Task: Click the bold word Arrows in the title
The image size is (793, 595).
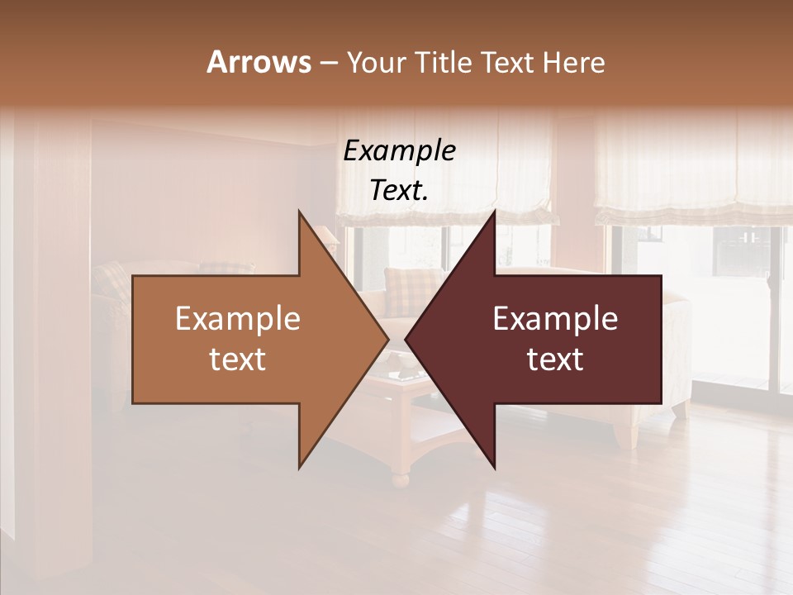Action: (259, 62)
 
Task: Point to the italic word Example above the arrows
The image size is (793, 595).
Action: (399, 150)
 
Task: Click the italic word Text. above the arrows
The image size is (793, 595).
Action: (399, 190)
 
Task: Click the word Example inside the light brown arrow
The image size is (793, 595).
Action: (237, 319)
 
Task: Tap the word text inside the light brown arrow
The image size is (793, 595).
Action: (237, 359)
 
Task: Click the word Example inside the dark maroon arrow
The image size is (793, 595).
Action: (555, 319)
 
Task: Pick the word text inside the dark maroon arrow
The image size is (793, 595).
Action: (555, 359)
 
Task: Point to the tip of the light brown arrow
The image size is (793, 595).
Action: (387, 339)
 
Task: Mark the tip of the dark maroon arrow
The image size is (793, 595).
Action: (406, 339)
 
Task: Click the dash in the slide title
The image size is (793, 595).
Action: (328, 63)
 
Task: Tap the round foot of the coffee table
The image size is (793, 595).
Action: (401, 478)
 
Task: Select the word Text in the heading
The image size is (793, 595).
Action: (507, 62)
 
